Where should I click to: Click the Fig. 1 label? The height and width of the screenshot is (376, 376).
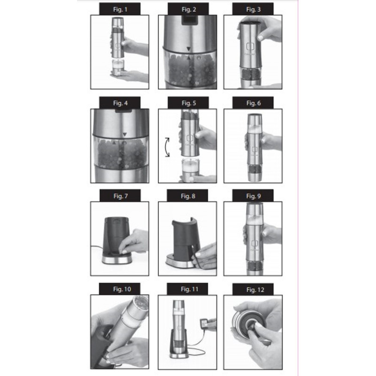[120, 9]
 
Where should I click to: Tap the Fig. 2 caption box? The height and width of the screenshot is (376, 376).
[188, 9]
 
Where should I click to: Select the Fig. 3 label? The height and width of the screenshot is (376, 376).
[253, 9]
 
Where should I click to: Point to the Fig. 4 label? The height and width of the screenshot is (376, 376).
[120, 103]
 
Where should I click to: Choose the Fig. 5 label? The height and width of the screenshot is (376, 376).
[188, 103]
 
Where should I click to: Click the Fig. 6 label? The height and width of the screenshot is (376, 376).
[253, 103]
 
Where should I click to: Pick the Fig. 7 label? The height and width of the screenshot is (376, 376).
[120, 196]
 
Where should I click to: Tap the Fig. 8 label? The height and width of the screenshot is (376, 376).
[188, 196]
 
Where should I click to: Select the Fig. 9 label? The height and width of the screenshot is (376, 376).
[253, 196]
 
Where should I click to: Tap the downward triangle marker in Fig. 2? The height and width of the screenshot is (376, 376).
[189, 49]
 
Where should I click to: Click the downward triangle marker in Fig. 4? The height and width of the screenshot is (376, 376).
[125, 134]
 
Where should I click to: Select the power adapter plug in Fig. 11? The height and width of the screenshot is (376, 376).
[204, 322]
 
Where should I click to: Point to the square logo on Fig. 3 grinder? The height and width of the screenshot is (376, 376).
[251, 47]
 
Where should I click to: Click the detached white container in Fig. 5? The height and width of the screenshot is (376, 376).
[191, 169]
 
